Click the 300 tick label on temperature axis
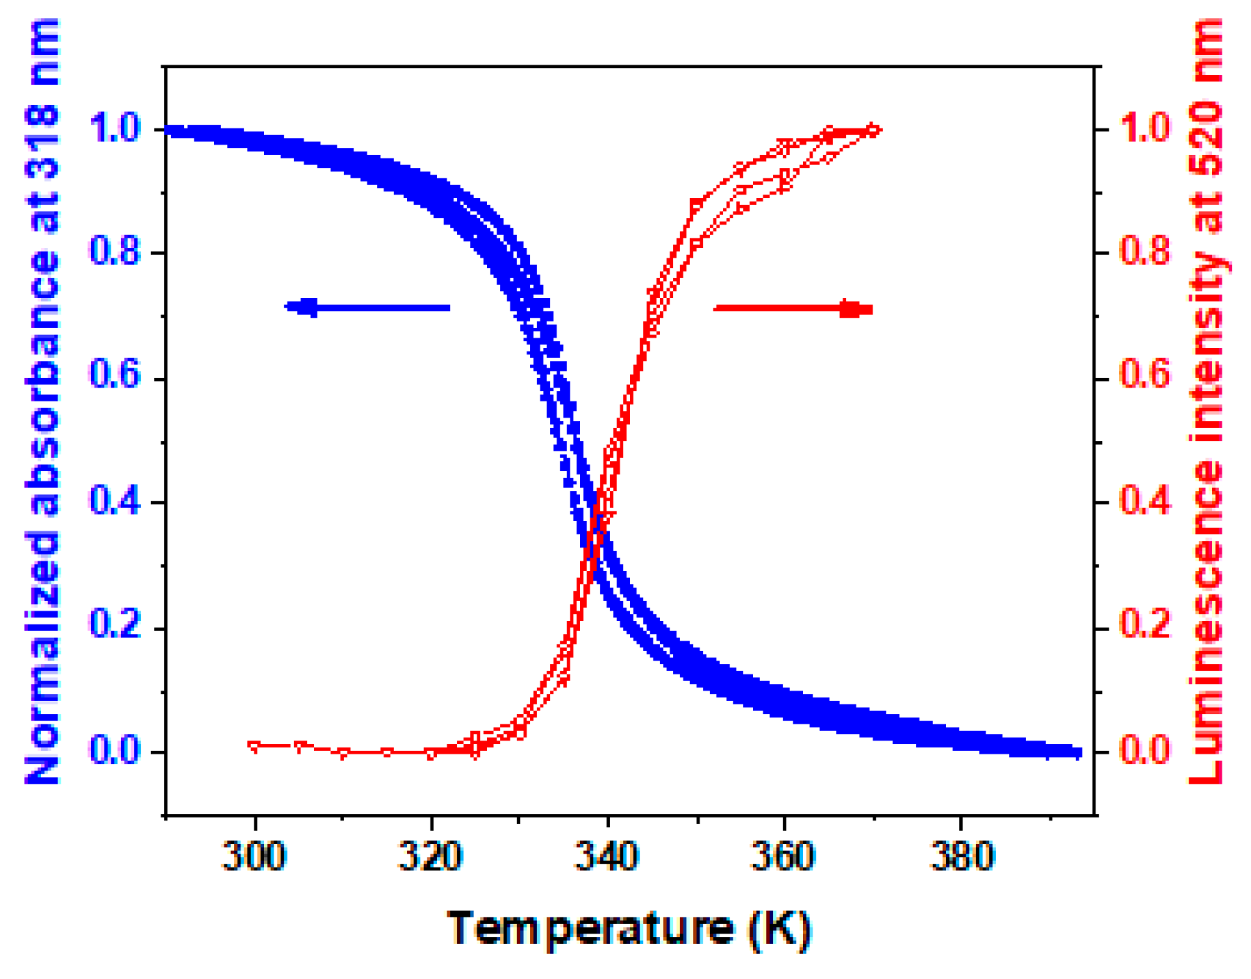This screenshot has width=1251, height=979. pyautogui.click(x=254, y=856)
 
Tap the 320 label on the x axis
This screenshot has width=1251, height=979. pyautogui.click(x=430, y=856)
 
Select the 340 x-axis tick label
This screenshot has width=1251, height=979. pyautogui.click(x=607, y=856)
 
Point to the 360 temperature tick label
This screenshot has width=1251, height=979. pyautogui.click(x=783, y=856)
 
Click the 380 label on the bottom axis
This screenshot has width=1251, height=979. pyautogui.click(x=961, y=856)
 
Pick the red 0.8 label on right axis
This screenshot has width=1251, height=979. pyautogui.click(x=1145, y=251)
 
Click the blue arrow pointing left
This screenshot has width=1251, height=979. pyautogui.click(x=367, y=307)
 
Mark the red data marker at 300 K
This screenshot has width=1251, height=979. pyautogui.click(x=254, y=746)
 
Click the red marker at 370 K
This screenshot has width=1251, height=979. pyautogui.click(x=873, y=130)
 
